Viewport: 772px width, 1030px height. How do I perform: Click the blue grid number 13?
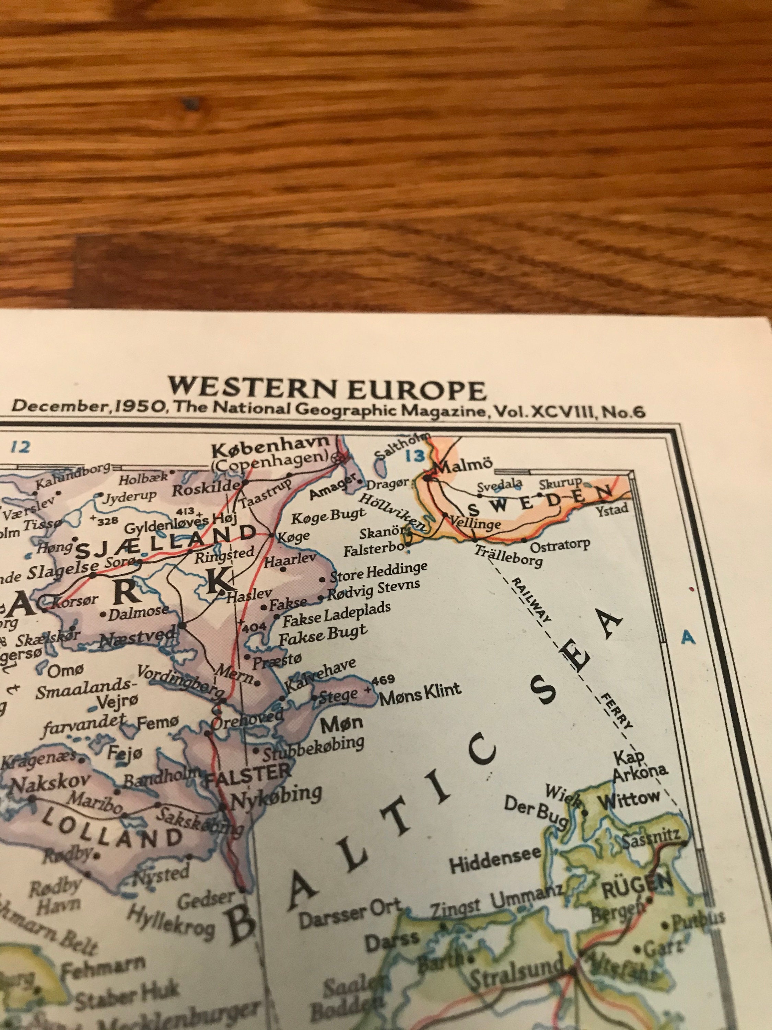click(414, 456)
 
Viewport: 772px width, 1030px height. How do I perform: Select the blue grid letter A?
click(688, 638)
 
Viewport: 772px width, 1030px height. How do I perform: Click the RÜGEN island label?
click(637, 879)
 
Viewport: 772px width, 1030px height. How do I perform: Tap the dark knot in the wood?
click(190, 104)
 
